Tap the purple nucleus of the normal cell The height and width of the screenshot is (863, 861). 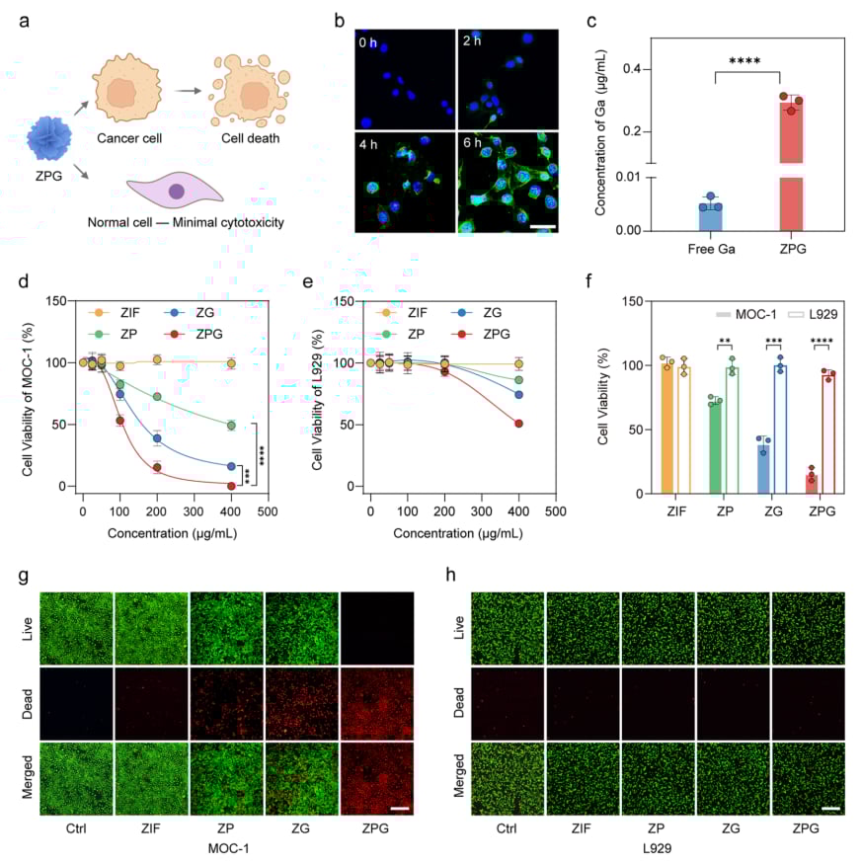tap(178, 192)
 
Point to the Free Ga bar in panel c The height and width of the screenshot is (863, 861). tap(711, 218)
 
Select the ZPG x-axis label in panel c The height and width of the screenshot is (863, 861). tap(792, 251)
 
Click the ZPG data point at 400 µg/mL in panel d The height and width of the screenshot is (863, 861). tap(231, 486)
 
